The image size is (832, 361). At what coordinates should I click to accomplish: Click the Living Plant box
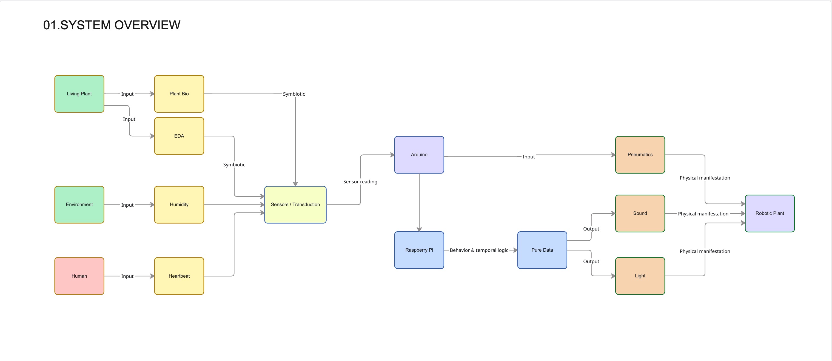click(79, 94)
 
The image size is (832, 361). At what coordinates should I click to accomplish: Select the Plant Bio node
click(179, 94)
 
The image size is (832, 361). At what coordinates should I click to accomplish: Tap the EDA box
click(179, 136)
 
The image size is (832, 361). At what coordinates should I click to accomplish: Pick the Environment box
click(79, 204)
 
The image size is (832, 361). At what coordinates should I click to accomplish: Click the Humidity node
click(179, 204)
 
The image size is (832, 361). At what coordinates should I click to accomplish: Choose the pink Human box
click(79, 276)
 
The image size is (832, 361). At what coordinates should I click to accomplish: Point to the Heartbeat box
click(179, 276)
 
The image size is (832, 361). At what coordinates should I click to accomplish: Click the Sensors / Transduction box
click(295, 204)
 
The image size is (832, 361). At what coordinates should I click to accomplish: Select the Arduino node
click(419, 155)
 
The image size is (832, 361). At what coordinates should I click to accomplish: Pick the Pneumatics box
click(640, 155)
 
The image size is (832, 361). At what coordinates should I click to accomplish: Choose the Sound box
click(640, 213)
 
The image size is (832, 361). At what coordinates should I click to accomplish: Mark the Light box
click(640, 276)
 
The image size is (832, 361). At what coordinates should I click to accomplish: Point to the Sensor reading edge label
click(360, 182)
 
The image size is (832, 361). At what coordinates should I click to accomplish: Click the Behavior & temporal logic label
click(479, 250)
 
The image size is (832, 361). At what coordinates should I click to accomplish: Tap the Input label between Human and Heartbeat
click(127, 276)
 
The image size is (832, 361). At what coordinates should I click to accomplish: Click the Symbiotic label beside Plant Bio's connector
click(294, 94)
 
